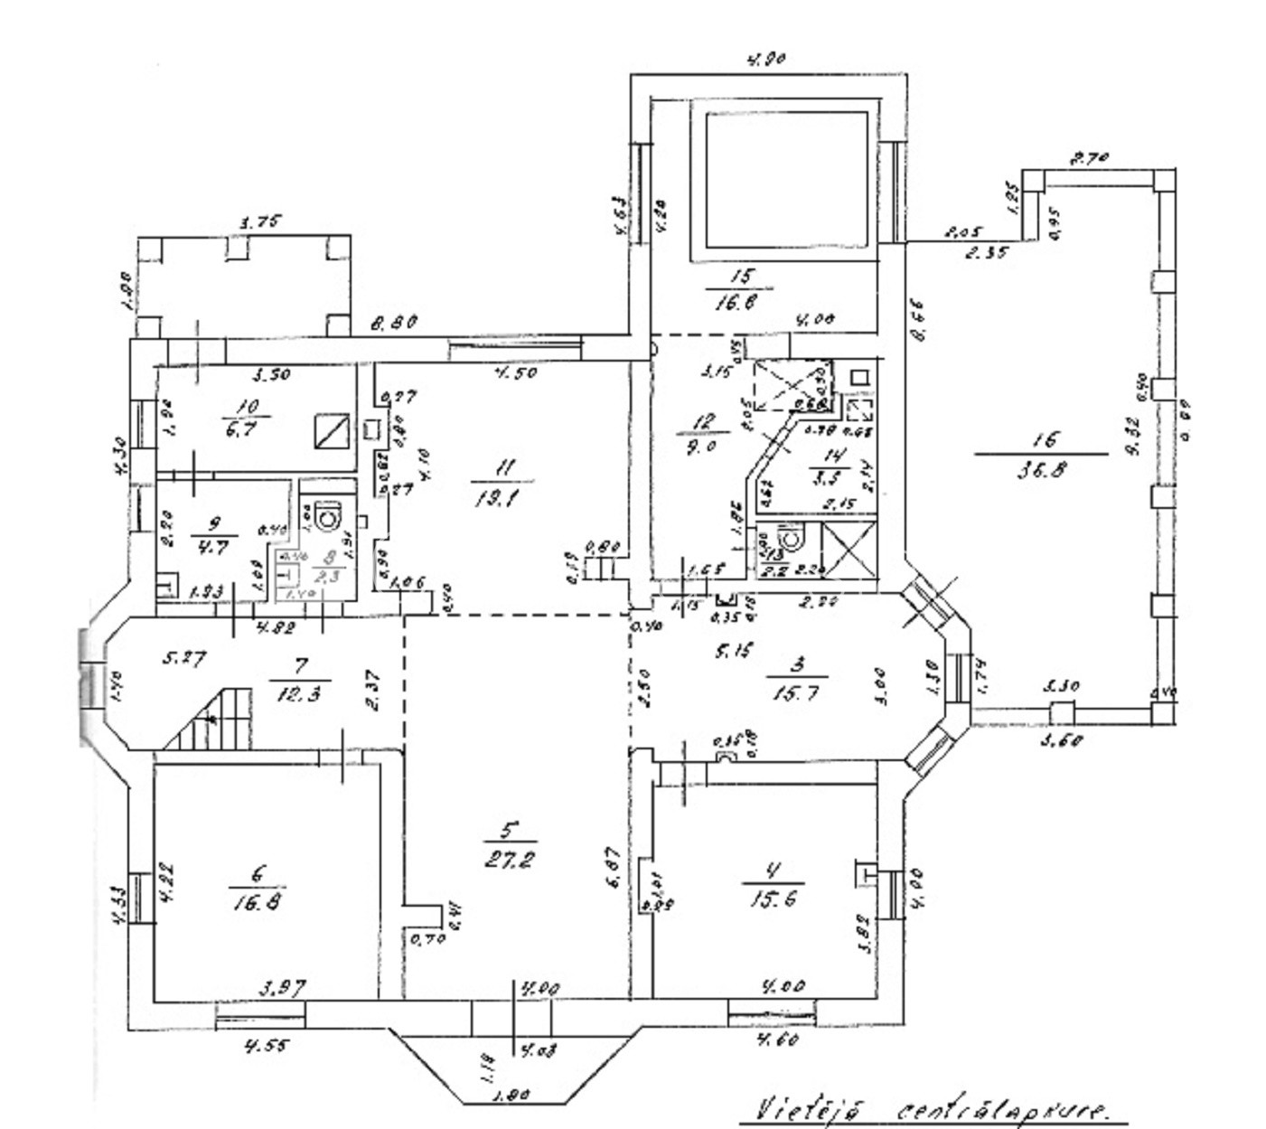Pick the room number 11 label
504,467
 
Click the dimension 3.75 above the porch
260,221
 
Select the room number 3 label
797,666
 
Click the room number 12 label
706,421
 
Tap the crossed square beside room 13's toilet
850,550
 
